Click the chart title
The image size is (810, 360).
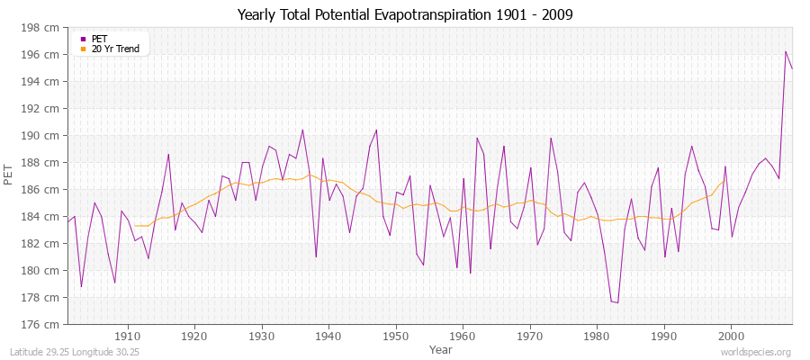(x=404, y=14)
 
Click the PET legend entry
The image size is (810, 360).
(x=99, y=39)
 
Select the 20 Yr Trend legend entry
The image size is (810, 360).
(x=115, y=49)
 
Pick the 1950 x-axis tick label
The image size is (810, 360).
(x=395, y=336)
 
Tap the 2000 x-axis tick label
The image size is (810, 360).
(x=731, y=336)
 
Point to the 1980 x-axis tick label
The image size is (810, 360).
(x=597, y=336)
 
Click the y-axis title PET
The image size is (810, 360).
(x=10, y=175)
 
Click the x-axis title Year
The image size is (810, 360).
(x=441, y=348)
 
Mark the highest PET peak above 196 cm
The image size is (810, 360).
(x=786, y=51)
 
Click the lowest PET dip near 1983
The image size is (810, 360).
(x=616, y=302)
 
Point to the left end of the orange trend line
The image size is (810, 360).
(x=134, y=225)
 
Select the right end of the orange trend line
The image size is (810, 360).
(x=724, y=180)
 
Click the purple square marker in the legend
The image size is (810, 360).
(x=84, y=39)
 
